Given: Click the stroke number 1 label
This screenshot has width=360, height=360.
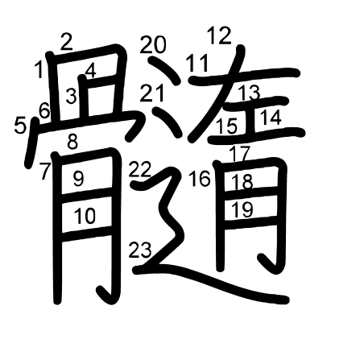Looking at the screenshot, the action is coord(40,69).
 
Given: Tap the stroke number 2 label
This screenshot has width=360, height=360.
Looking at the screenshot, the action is coord(67,42).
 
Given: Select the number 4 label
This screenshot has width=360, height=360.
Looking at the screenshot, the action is coord(91,72).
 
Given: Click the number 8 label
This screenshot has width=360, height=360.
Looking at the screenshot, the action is coord(72,142).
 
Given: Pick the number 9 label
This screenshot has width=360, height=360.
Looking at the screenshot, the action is coord(79,179).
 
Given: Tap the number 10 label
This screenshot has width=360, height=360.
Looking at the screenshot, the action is coord(85,216).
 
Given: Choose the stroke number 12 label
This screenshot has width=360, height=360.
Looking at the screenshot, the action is coord(219,35).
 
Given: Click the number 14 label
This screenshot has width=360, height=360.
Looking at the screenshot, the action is coord(271,118).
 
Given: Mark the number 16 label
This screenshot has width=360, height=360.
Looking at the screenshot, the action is coord(199,179).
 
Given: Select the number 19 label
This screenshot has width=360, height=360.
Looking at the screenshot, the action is coord(242,210).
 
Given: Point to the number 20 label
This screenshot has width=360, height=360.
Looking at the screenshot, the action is coord(153,45).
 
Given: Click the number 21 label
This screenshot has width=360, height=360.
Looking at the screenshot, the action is coord(151,93).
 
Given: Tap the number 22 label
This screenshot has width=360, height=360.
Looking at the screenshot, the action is coord(140,170).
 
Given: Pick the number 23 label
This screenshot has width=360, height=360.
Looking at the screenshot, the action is coord(140,250).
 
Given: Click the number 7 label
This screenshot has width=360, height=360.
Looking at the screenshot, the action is coord(45,172).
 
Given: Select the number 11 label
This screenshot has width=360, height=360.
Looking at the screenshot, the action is coord(197,63).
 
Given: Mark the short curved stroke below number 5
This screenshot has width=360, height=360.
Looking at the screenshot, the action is coord(31,143).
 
